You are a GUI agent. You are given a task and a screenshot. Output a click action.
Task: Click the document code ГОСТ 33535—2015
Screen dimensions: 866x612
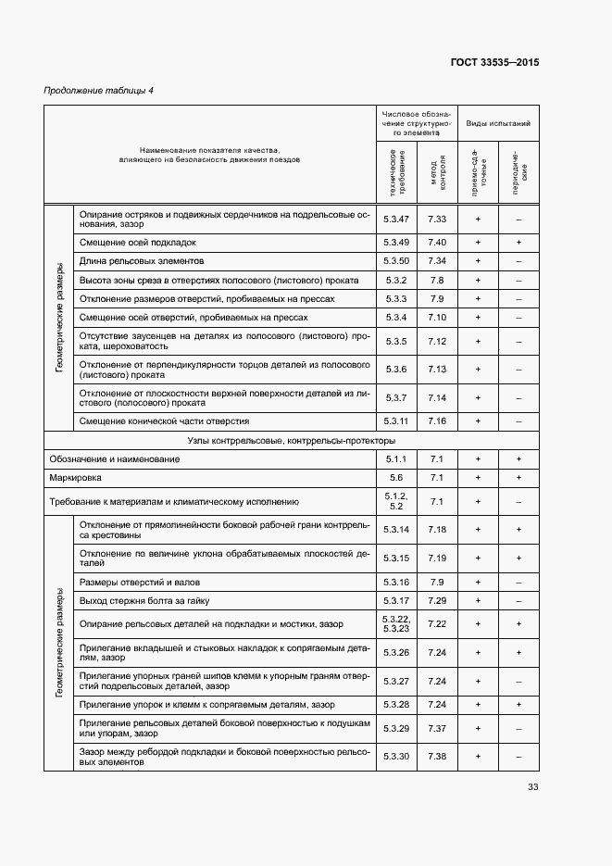pos(494,63)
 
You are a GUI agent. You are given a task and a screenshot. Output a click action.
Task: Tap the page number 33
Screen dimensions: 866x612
pos(532,787)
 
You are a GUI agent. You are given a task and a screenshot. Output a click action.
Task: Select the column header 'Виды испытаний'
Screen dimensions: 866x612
pos(497,122)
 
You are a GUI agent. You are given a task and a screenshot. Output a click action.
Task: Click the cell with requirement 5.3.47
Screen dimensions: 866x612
pos(396,219)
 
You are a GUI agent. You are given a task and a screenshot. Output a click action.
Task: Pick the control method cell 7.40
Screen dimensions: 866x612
pos(437,242)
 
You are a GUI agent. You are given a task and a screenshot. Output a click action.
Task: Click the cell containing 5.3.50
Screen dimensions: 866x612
pos(396,260)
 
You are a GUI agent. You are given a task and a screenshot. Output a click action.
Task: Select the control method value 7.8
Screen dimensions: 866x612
pos(437,280)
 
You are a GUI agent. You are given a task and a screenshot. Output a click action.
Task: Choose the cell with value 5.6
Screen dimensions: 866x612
pos(396,478)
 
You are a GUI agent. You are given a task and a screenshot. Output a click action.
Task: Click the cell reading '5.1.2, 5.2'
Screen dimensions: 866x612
pos(396,502)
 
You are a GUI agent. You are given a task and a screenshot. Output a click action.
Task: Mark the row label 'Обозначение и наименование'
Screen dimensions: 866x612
pos(114,459)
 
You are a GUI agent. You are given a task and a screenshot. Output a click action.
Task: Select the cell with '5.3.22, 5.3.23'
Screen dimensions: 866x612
pos(396,624)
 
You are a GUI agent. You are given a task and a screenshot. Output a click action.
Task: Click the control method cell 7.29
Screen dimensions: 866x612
pos(437,600)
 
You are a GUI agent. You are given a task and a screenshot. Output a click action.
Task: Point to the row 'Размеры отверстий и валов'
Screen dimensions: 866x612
pos(140,582)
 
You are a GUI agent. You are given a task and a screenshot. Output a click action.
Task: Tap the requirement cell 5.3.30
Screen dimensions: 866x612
pos(396,757)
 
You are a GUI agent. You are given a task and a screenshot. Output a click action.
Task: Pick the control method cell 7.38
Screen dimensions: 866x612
pos(437,757)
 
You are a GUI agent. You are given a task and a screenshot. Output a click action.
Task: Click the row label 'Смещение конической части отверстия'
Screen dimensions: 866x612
pos(164,420)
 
